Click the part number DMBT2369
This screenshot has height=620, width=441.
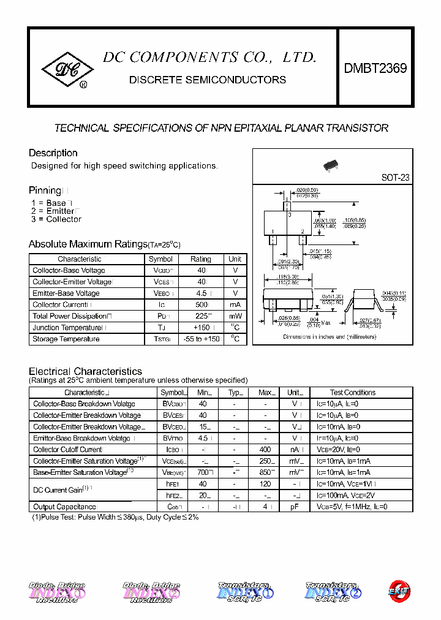pyautogui.click(x=375, y=69)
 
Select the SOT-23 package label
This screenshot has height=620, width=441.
pyautogui.click(x=395, y=178)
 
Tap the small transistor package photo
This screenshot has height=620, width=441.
pyautogui.click(x=331, y=165)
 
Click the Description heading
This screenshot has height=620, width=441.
pyautogui.click(x=53, y=153)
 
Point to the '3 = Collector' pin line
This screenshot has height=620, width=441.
pyautogui.click(x=56, y=219)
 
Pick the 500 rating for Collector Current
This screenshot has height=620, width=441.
pyautogui.click(x=200, y=304)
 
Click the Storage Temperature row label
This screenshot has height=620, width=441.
pyautogui.click(x=66, y=339)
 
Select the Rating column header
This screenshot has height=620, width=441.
pyautogui.click(x=200, y=259)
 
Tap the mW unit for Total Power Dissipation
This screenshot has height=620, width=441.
pyautogui.click(x=235, y=316)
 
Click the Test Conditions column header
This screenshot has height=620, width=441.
pyautogui.click(x=353, y=393)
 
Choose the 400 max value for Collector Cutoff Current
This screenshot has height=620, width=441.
pyautogui.click(x=266, y=450)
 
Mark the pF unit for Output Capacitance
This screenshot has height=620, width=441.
pyautogui.click(x=295, y=507)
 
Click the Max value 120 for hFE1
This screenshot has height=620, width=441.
pyautogui.click(x=266, y=484)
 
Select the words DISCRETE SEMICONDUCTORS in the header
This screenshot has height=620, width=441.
pyautogui.click(x=207, y=80)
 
